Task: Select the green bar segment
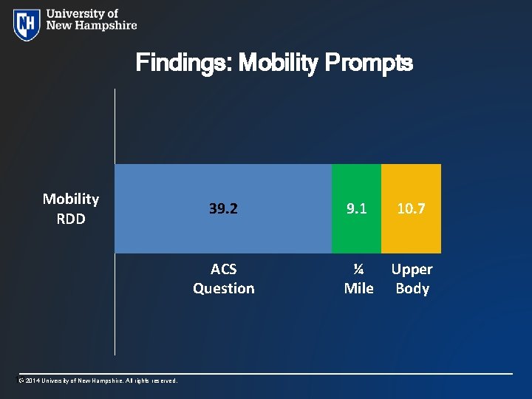[x=356, y=185]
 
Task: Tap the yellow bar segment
[x=411, y=185]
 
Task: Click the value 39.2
[x=223, y=209]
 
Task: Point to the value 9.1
[x=356, y=209]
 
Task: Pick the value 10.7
[x=411, y=209]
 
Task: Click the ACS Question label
[x=223, y=279]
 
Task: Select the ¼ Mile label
[x=358, y=279]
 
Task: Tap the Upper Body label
[x=412, y=279]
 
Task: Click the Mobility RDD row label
[x=71, y=208]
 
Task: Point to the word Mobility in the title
[x=276, y=64]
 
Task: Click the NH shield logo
[x=27, y=24]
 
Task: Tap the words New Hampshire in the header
[x=92, y=25]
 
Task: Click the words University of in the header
[x=82, y=13]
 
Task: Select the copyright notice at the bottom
[x=97, y=381]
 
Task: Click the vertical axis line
[x=115, y=310]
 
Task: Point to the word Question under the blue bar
[x=223, y=288]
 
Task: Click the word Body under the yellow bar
[x=412, y=288]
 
